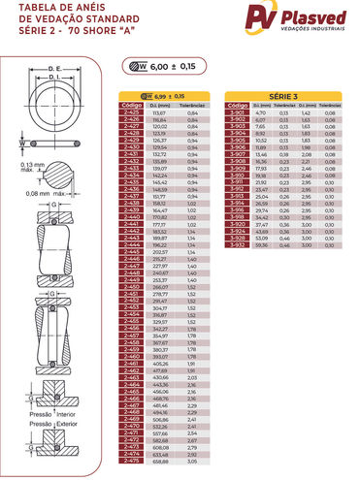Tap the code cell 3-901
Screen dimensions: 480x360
pyautogui.click(x=236, y=113)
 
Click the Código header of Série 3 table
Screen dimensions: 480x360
pyautogui.click(x=236, y=107)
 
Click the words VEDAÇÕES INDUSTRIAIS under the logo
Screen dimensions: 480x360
pyautogui.click(x=314, y=33)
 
